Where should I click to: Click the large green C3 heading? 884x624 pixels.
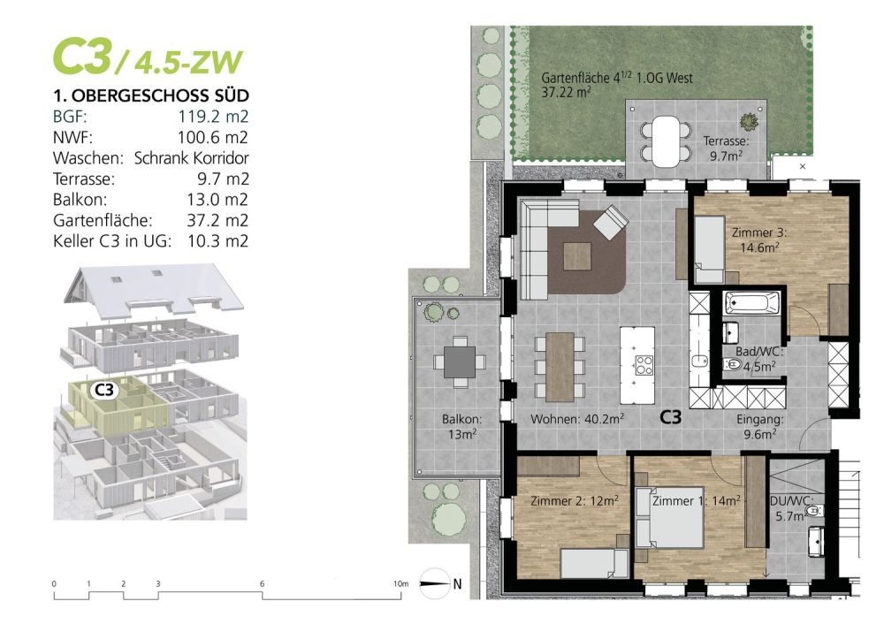tap(81, 57)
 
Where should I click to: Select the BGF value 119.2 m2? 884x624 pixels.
tap(212, 116)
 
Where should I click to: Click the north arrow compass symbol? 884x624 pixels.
tap(437, 582)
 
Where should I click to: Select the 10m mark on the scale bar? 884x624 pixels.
tap(401, 584)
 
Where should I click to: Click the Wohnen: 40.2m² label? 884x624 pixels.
tap(577, 417)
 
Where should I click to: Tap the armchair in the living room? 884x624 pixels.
tap(610, 221)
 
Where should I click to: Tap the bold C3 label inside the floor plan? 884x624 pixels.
tap(671, 418)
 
